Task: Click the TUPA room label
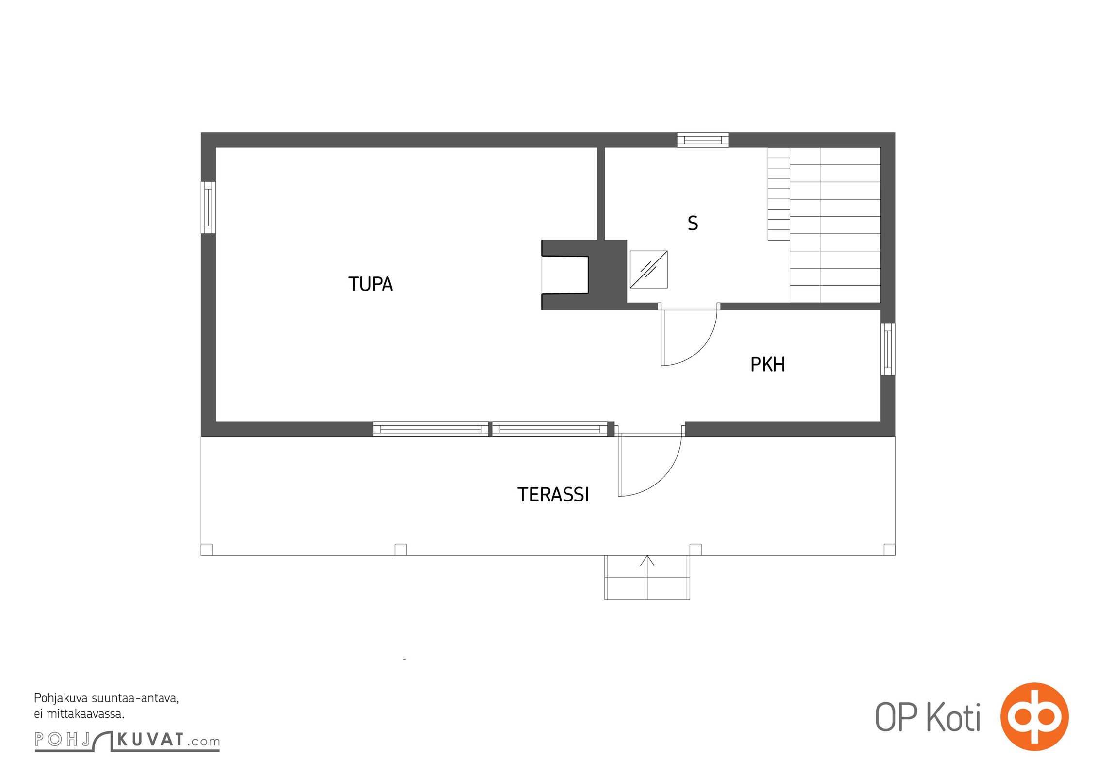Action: tap(371, 284)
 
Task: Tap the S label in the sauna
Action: tap(693, 223)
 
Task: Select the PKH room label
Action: tap(767, 364)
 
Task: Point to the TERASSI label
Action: tap(553, 495)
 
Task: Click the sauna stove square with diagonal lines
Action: tap(648, 269)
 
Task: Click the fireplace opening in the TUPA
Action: tap(565, 275)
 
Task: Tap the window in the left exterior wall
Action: tap(208, 208)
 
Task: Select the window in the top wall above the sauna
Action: tap(703, 140)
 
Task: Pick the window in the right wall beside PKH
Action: tap(887, 349)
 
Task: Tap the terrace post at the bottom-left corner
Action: tap(207, 550)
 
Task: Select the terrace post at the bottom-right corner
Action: tap(889, 550)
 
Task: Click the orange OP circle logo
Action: tap(1034, 717)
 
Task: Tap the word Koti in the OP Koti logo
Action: tap(954, 718)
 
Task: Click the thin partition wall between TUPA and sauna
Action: tap(601, 194)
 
